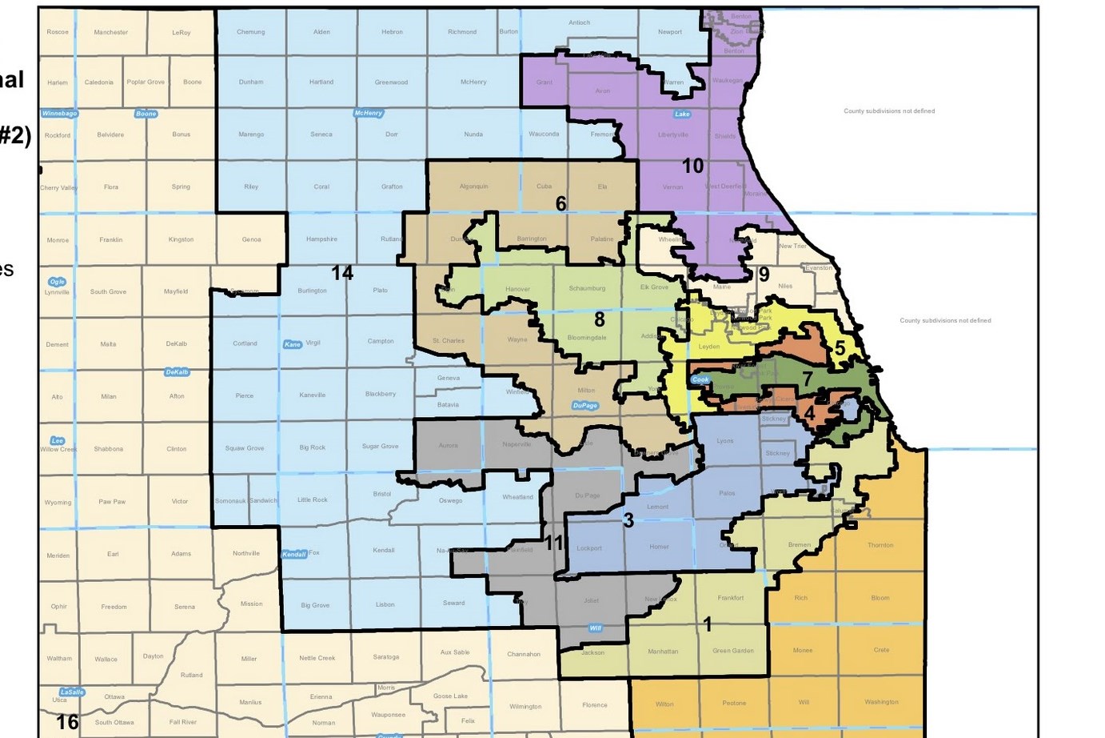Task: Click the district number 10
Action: pyautogui.click(x=692, y=166)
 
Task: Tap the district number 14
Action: pyautogui.click(x=342, y=273)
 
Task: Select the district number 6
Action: pyautogui.click(x=560, y=204)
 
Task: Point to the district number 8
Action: pyautogui.click(x=600, y=319)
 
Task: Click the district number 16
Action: pyautogui.click(x=67, y=722)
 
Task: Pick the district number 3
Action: pyautogui.click(x=628, y=520)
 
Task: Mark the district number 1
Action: pyautogui.click(x=707, y=624)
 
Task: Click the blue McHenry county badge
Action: pyautogui.click(x=369, y=114)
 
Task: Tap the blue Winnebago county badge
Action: pyautogui.click(x=60, y=114)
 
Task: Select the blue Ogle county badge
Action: pyautogui.click(x=57, y=282)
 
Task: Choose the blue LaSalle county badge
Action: pyautogui.click(x=71, y=692)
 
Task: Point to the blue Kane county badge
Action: pyautogui.click(x=293, y=344)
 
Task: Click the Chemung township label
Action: pyautogui.click(x=250, y=32)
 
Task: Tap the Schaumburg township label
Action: pyautogui.click(x=587, y=288)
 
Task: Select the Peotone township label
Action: pyautogui.click(x=734, y=704)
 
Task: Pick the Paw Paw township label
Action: pyautogui.click(x=110, y=502)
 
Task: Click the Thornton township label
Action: pyautogui.click(x=880, y=545)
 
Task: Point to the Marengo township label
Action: pyautogui.click(x=251, y=134)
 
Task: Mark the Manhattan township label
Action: pyautogui.click(x=663, y=652)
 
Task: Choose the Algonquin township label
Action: pyautogui.click(x=473, y=187)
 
